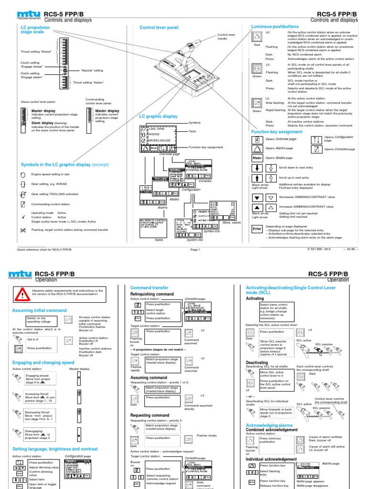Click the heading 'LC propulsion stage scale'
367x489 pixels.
point(36,31)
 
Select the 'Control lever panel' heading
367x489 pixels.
point(159,28)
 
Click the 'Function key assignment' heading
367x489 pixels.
point(277,131)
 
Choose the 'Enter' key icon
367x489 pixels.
point(257,229)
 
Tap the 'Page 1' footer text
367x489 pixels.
point(195,249)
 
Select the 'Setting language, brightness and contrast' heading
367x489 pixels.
point(55,449)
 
